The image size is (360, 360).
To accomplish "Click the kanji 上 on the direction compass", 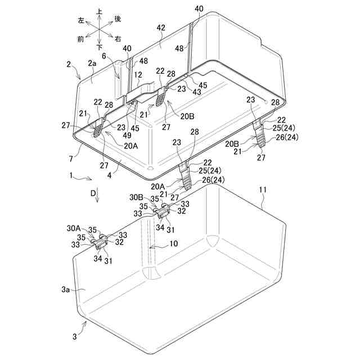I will pyautogui.click(x=100, y=11).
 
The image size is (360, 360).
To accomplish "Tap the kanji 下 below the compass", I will pyautogui.click(x=100, y=48).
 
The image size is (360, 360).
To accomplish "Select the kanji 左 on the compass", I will pyautogui.click(x=81, y=19).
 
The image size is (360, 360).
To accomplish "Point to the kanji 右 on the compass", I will pyautogui.click(x=118, y=39).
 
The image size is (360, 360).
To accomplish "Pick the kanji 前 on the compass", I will pyautogui.click(x=81, y=39).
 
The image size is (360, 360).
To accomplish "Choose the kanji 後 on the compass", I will pyautogui.click(x=118, y=19).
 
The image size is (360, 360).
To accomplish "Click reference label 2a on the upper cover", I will pyautogui.click(x=92, y=65).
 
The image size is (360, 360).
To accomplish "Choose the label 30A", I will pyautogui.click(x=74, y=228).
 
